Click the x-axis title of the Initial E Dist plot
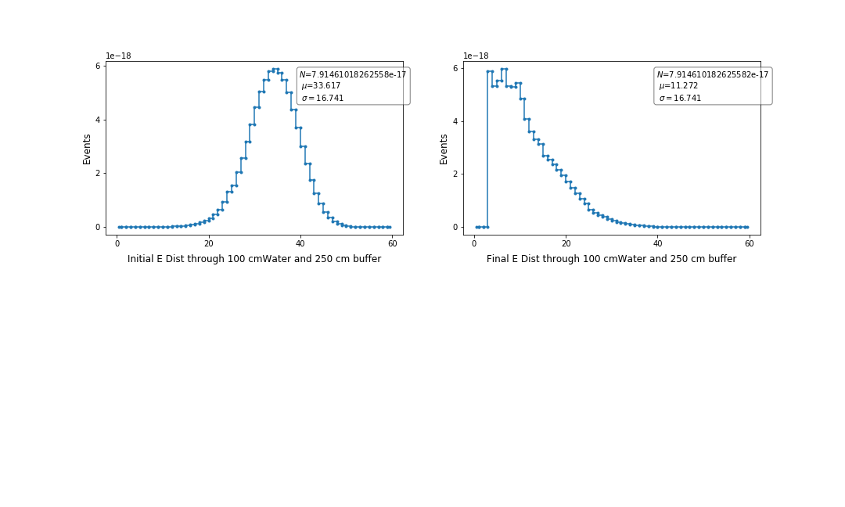coord(254,259)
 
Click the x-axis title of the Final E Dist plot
coord(611,259)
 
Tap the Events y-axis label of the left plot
coord(87,149)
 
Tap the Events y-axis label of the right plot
coord(444,149)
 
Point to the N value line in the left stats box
coord(353,74)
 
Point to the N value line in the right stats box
coord(712,74)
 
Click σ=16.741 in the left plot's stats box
coord(322,98)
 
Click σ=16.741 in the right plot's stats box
coord(679,98)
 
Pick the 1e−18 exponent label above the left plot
coord(119,56)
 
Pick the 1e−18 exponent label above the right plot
coord(476,56)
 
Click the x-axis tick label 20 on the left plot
coord(209,243)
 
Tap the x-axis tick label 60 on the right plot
coord(750,243)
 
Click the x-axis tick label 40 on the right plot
coord(657,243)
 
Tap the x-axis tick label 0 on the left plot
coord(117,243)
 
